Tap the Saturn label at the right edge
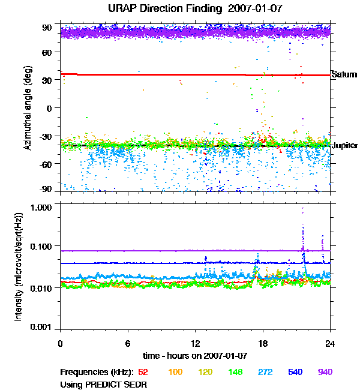pyautogui.click(x=344, y=75)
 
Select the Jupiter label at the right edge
pyautogui.click(x=345, y=146)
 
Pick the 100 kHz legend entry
pyautogui.click(x=176, y=372)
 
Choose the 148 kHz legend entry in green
pyautogui.click(x=234, y=372)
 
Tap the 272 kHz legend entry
pyautogui.click(x=265, y=372)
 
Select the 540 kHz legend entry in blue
pyautogui.click(x=295, y=372)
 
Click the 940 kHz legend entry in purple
pyautogui.click(x=325, y=372)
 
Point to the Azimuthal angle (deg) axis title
pyautogui.click(x=28, y=108)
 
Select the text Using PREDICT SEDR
pyautogui.click(x=104, y=383)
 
